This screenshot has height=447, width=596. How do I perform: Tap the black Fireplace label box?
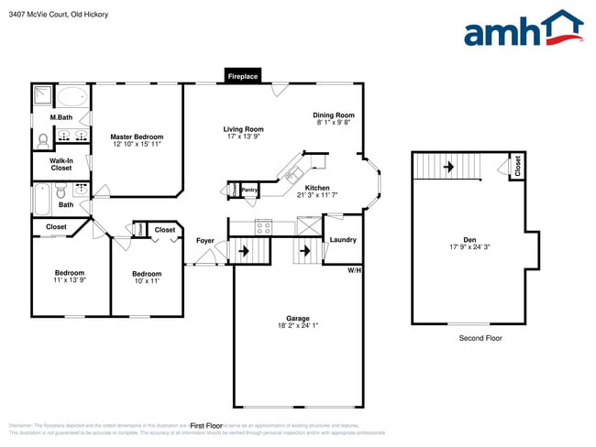click(x=243, y=76)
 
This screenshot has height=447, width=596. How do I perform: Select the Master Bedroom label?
click(x=137, y=136)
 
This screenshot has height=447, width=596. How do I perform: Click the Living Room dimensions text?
click(x=243, y=137)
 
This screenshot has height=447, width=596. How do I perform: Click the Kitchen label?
click(x=317, y=188)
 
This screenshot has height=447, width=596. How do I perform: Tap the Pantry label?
click(x=249, y=190)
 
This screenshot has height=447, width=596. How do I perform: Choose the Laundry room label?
click(x=343, y=240)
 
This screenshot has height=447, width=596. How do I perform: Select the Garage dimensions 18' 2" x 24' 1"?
click(x=298, y=325)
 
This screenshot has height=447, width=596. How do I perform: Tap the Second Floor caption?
click(x=480, y=338)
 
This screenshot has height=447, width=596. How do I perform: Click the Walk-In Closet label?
click(x=61, y=164)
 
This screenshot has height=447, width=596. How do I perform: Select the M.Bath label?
click(x=61, y=117)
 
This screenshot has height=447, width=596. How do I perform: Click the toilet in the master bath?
click(x=43, y=140)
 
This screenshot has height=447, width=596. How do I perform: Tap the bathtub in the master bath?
click(x=72, y=96)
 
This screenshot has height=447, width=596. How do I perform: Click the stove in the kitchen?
click(x=263, y=226)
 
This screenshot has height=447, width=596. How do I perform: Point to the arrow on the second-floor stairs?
click(x=448, y=167)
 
